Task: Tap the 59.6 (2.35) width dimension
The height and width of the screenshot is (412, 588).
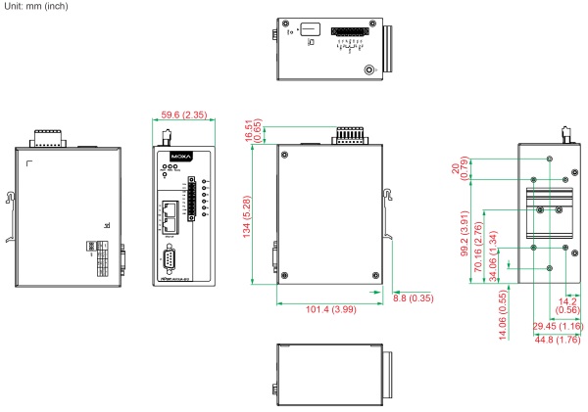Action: [x=178, y=114]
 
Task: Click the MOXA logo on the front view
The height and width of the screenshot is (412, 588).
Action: [x=174, y=156]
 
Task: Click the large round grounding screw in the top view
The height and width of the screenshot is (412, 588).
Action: [x=370, y=70]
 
